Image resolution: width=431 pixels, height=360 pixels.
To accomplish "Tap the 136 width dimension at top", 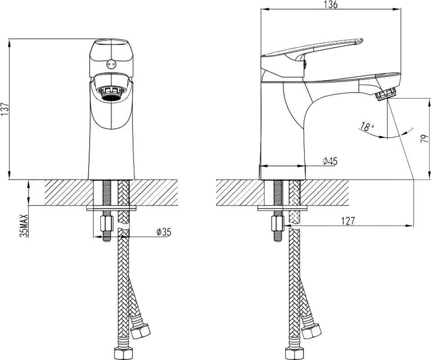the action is point(330,4).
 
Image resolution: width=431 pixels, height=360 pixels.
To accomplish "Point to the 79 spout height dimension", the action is point(425,138).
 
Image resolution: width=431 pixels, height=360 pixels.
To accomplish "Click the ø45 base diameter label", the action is point(330,162).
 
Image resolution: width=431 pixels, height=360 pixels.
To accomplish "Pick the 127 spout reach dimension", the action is point(348,220).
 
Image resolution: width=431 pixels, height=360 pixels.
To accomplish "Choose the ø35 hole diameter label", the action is point(164,232).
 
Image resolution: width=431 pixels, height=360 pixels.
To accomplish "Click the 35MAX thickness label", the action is point(24,225).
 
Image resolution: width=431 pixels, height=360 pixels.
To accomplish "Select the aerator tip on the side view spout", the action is point(386,94).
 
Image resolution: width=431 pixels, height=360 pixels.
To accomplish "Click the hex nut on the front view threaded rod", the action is point(107,224).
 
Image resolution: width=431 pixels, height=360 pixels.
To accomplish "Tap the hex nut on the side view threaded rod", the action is point(278,224).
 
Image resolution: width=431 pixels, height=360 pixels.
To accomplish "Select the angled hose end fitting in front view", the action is point(140,331).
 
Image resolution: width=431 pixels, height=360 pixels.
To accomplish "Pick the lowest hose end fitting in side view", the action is point(294,354).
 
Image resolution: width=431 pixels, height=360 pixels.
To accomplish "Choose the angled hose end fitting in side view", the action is point(311,331).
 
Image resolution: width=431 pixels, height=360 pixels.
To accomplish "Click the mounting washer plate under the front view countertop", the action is point(111,208).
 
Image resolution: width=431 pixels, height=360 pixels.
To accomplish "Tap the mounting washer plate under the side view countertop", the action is point(282,208).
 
